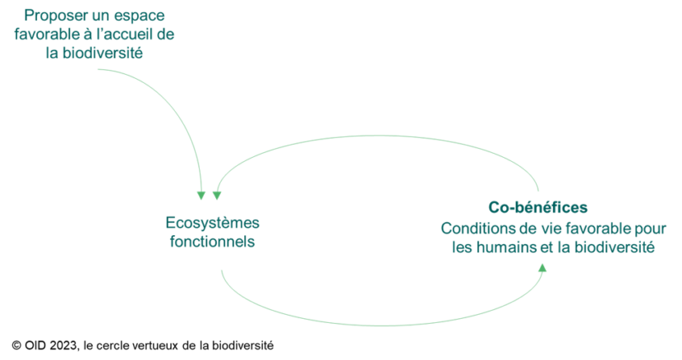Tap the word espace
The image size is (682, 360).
tap(139, 16)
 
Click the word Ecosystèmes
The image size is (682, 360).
tap(212, 223)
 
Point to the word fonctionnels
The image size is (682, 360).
tap(212, 241)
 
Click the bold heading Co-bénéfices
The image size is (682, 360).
tap(538, 207)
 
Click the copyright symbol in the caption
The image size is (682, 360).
tap(16, 346)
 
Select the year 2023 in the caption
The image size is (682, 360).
tap(63, 346)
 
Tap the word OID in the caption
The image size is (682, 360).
tap(35, 346)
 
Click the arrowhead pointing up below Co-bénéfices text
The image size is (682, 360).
tap(542, 268)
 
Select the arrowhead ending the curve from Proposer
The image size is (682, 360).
tap(201, 196)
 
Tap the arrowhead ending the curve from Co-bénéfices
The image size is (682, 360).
tap(217, 196)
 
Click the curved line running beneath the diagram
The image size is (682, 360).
tap(383, 325)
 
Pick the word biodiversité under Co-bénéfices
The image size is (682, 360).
tap(615, 247)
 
